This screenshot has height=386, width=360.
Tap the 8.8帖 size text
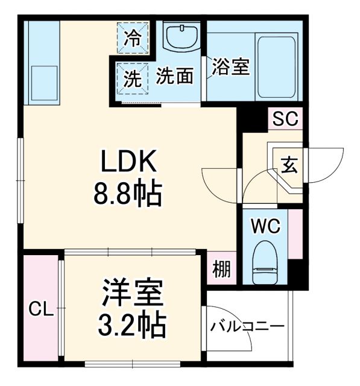[x=127, y=194]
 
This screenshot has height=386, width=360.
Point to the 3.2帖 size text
[x=131, y=326]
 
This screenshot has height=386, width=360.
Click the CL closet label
[x=39, y=310]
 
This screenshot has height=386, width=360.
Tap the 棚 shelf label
[x=221, y=269]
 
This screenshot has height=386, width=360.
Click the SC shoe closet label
[x=284, y=119]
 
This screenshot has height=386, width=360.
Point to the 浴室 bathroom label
[x=230, y=67]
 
